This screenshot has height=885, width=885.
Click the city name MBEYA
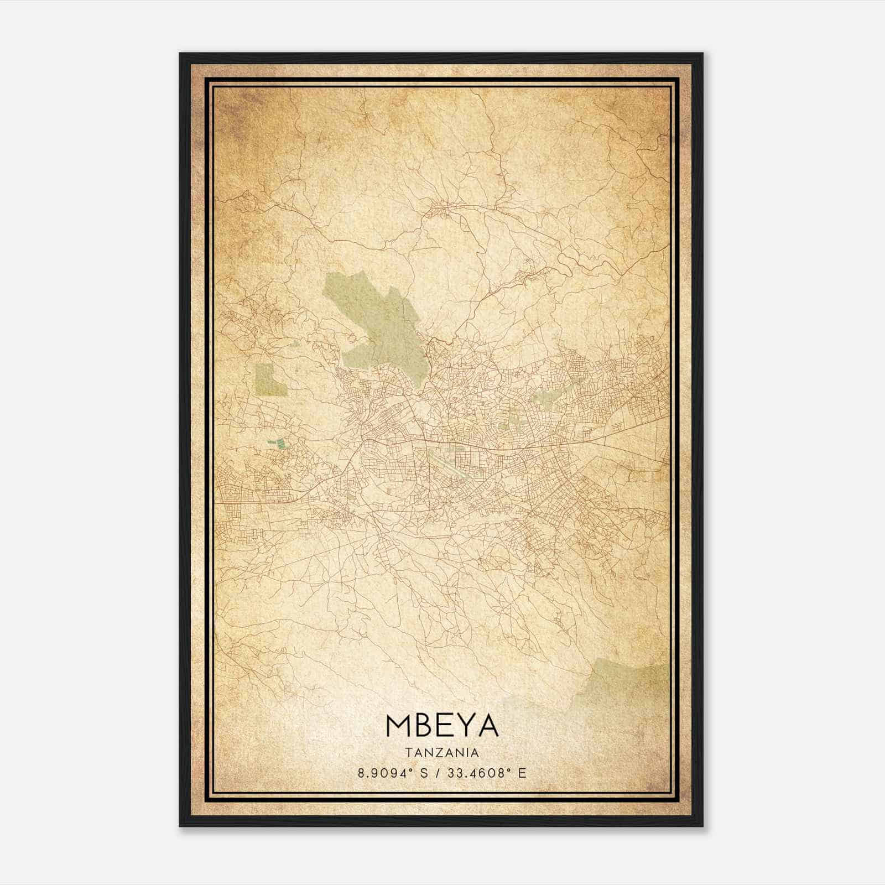coord(442,726)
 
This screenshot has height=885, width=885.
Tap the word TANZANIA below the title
coord(442,753)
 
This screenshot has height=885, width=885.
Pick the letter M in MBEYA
coord(398,726)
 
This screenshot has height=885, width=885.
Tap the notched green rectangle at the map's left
coord(270,380)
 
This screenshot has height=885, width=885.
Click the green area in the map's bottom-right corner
coord(625,686)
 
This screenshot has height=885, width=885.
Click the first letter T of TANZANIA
coord(408,753)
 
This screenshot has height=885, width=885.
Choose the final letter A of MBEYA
coord(488,726)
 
